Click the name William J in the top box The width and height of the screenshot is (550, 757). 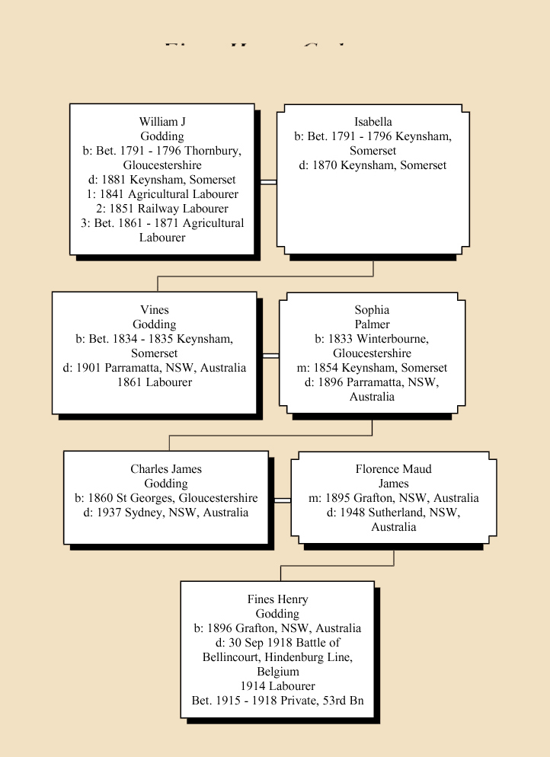click(161, 122)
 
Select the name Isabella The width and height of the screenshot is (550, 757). click(373, 122)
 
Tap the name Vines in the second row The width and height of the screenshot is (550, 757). click(154, 310)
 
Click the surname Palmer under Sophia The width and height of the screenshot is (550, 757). click(372, 324)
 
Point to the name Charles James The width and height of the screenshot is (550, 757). click(165, 469)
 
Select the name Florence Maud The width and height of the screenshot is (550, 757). click(393, 469)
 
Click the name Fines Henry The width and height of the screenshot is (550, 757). click(277, 599)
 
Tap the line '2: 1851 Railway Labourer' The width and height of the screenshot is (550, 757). click(161, 209)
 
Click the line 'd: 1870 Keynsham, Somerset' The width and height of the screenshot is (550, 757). click(373, 165)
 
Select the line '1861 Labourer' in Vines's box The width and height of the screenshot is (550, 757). click(154, 382)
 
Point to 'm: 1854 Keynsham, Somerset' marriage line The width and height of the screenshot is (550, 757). click(372, 368)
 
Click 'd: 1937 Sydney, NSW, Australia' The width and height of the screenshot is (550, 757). click(165, 513)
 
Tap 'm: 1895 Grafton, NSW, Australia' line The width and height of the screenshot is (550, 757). click(393, 498)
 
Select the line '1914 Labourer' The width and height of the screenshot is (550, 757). click(277, 686)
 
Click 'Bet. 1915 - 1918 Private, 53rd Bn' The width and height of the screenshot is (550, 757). click(277, 701)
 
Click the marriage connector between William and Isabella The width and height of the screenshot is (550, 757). click(267, 181)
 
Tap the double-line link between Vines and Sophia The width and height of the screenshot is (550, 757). click(270, 355)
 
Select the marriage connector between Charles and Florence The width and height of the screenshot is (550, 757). click(281, 500)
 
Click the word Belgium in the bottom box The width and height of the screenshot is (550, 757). click(277, 672)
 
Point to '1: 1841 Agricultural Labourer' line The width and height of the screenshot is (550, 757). click(161, 194)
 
